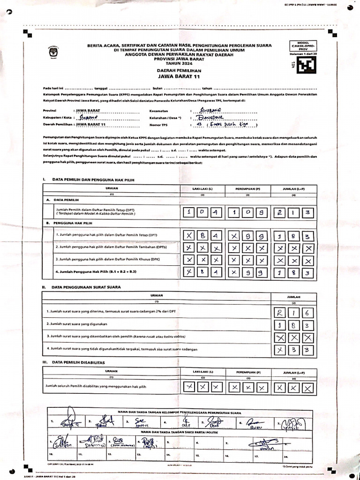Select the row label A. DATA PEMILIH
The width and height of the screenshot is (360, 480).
[62, 199]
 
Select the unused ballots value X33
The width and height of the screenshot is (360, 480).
[293, 349]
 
